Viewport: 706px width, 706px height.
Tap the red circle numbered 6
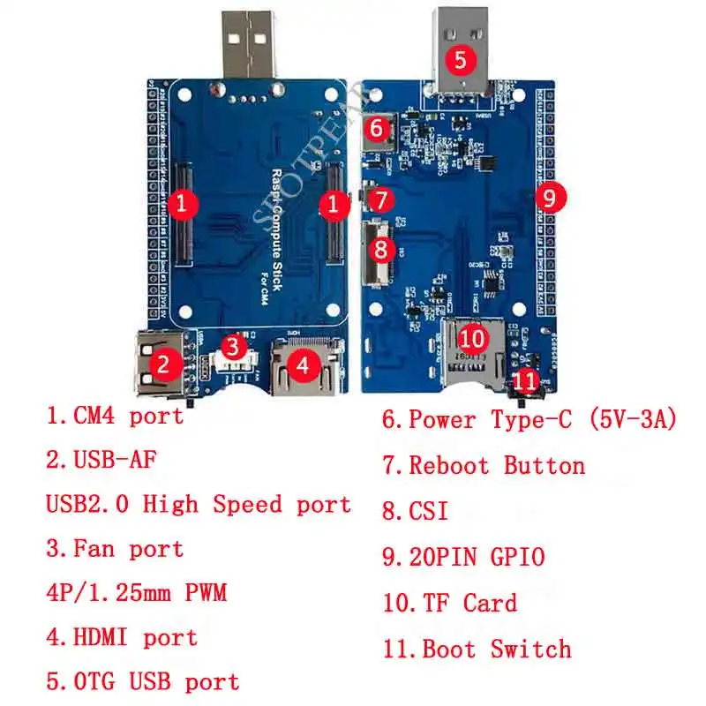377,129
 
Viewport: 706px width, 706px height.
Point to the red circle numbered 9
549,199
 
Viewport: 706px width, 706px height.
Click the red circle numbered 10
474,337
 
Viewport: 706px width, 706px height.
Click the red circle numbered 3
232,347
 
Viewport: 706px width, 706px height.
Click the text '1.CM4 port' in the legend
115,415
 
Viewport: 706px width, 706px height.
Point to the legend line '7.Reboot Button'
484,465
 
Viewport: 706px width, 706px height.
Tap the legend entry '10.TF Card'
450,604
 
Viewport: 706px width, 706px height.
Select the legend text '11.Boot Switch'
477,650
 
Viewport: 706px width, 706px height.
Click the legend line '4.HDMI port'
122,637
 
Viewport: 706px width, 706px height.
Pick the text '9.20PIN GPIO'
463,557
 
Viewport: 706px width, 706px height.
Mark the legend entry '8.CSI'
415,511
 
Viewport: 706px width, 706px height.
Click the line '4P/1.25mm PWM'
136,592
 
